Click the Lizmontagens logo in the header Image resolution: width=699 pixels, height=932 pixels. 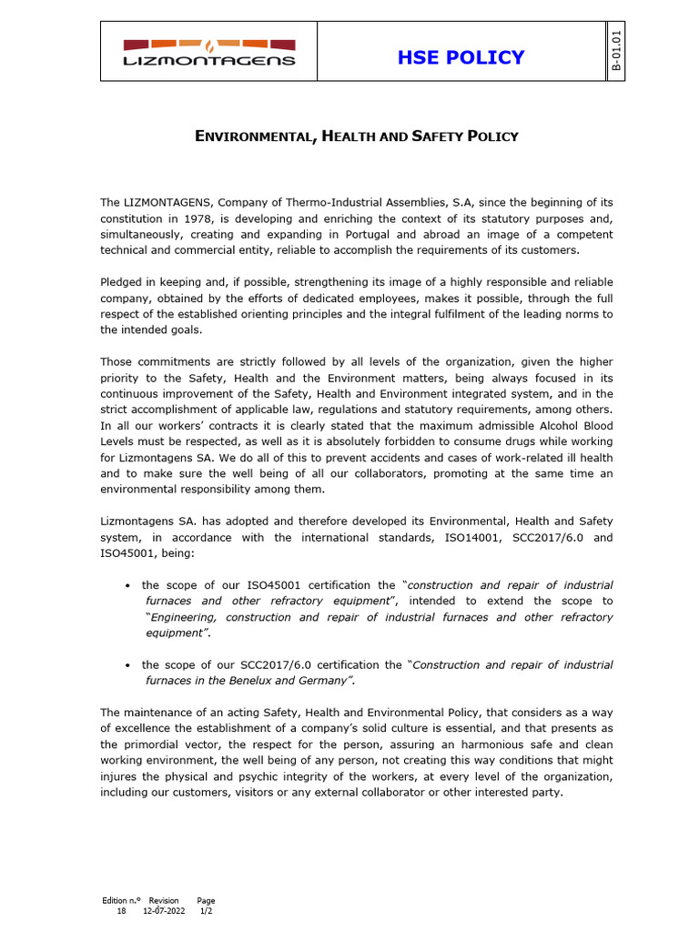(209, 52)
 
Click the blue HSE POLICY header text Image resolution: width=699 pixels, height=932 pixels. (461, 57)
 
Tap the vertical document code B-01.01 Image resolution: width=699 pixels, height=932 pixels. (616, 51)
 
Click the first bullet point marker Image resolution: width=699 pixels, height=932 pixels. (127, 585)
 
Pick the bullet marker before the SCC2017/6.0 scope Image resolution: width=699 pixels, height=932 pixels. (127, 665)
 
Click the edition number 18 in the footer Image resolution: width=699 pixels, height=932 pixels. (121, 909)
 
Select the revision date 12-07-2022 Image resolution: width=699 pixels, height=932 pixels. (164, 909)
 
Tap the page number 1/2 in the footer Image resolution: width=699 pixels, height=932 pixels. (206, 909)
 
